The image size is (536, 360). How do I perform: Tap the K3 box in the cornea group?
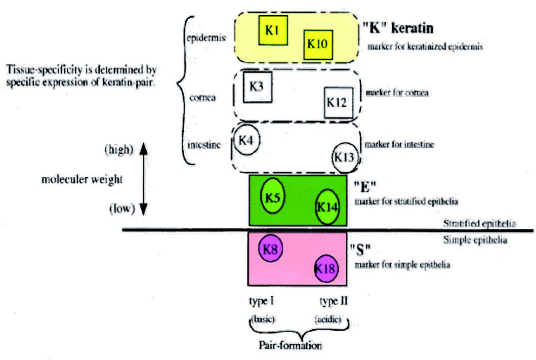258,87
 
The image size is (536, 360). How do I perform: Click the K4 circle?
246,140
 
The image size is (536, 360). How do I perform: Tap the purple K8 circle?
270,249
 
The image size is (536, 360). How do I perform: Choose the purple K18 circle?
326,268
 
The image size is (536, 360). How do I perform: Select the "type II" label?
334,302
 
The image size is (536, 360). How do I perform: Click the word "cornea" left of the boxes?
201,98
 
